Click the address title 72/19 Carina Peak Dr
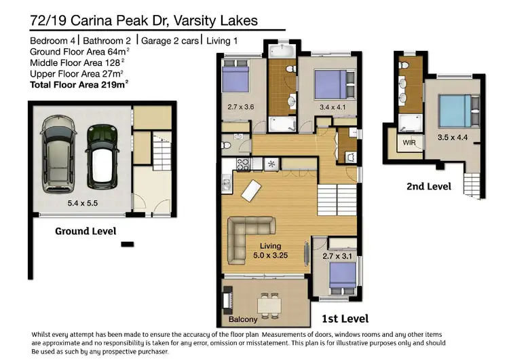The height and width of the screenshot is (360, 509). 144,20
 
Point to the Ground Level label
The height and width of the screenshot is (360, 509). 85,231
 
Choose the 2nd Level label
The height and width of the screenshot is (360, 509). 428,185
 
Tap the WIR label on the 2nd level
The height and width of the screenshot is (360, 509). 409,143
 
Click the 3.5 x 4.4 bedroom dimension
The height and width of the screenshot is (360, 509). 453,137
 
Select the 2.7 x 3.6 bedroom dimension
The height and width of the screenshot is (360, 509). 240,107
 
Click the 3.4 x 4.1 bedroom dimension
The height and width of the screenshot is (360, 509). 332,107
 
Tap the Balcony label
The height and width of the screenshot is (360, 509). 242,319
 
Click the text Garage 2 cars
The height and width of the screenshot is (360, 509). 171,41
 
